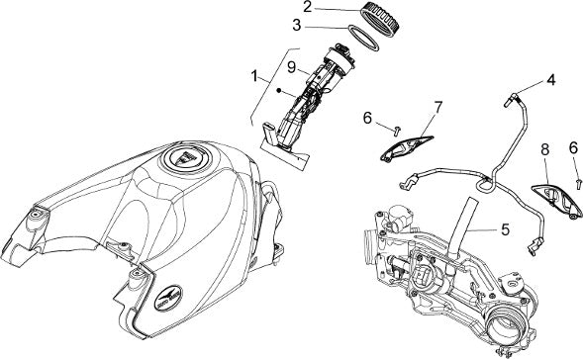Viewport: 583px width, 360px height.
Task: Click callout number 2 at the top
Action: coord(307,7)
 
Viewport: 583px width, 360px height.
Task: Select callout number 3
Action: coord(296,26)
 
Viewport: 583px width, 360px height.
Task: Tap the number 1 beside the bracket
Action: coord(254,77)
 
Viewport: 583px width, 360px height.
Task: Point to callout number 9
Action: coord(292,67)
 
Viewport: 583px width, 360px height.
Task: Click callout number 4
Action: coord(550,80)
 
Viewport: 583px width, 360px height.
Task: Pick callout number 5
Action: coord(505,229)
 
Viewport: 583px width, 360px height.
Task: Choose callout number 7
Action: coord(438,108)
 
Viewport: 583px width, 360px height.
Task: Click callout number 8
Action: coord(545,150)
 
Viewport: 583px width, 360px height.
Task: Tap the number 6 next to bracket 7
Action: coord(367,118)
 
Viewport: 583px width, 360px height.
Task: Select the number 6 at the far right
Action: coord(573,148)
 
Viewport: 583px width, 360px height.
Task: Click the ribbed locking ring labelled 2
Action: coord(380,21)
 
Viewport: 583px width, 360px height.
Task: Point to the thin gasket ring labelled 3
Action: coord(363,39)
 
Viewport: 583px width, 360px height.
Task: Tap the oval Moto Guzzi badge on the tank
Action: coord(168,298)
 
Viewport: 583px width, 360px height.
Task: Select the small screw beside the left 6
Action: coord(397,130)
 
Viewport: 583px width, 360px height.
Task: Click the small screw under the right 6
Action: coord(578,183)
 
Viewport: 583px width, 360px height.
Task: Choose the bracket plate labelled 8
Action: coord(557,200)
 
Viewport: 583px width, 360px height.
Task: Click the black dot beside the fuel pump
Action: coord(279,90)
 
